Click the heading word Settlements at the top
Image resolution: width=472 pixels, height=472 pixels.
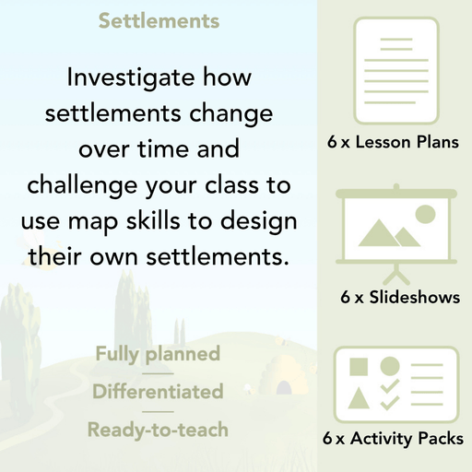[x=159, y=20]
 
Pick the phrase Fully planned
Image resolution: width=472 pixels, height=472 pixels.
[x=158, y=353]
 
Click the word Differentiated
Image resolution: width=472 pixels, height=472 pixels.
[x=158, y=392]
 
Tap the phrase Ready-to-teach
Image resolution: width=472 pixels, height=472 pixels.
[x=158, y=430]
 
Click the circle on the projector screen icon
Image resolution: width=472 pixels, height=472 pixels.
[x=424, y=215]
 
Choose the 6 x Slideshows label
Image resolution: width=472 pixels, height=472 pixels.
[x=399, y=298]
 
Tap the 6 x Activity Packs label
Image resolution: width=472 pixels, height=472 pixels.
[x=393, y=440]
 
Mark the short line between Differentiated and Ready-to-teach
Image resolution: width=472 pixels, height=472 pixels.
[x=158, y=411]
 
